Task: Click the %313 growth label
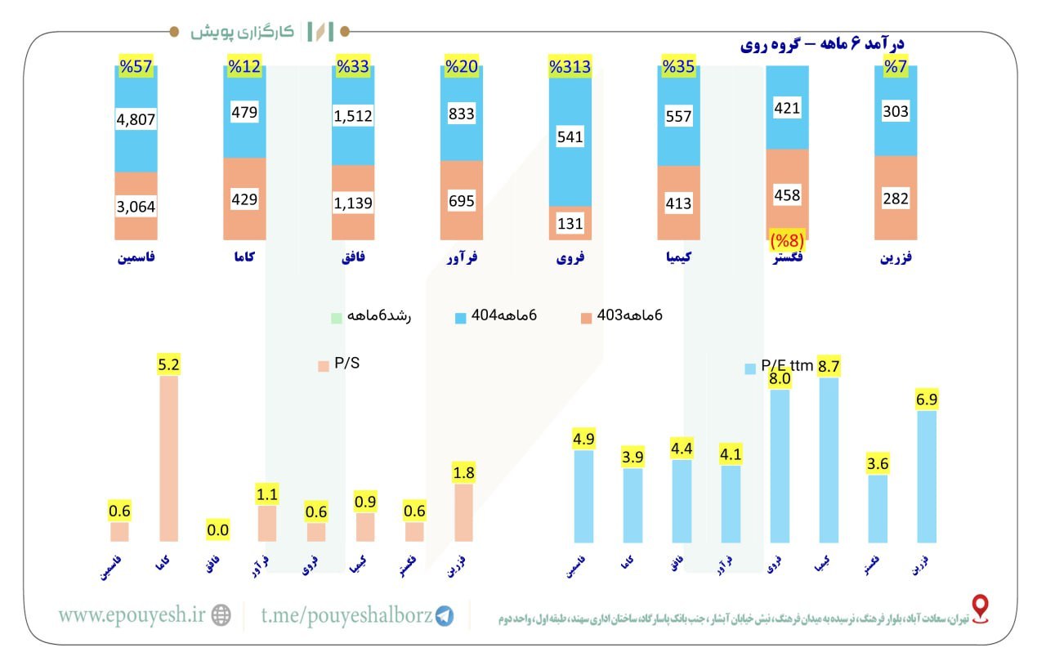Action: pos(570,67)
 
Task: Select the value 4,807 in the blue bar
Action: pos(136,119)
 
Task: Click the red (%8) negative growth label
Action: pos(788,241)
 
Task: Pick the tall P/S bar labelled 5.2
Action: pos(168,458)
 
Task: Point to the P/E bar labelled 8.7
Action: pos(829,459)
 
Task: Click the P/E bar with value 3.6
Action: pos(877,507)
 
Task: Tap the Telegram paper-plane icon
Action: pos(445,616)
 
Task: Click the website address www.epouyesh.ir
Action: pos(132,615)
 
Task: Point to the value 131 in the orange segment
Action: pos(570,223)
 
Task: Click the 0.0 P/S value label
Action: pos(217,529)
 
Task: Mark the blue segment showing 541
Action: pos(570,136)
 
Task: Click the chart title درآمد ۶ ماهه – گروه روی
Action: pos(826,44)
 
